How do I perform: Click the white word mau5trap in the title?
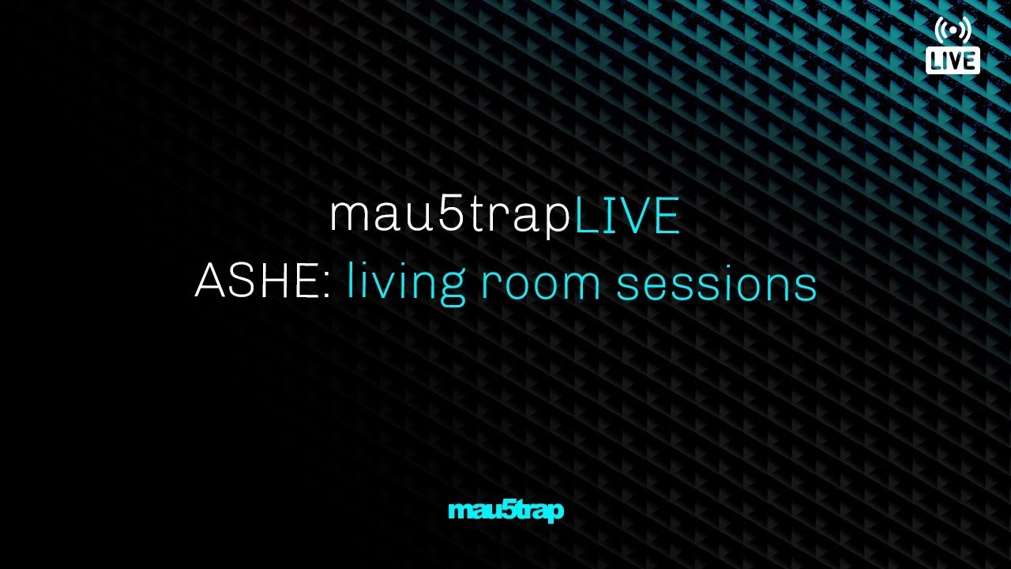tap(449, 216)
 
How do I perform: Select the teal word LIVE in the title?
tap(626, 216)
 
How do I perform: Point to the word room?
tap(540, 284)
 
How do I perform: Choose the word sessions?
tap(716, 284)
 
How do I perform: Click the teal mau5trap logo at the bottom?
tap(505, 511)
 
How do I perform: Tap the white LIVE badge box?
tap(953, 60)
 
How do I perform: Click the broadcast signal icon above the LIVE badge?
tap(953, 29)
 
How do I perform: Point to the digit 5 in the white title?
tap(452, 214)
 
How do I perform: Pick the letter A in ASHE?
tap(209, 281)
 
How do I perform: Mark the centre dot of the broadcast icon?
tap(953, 30)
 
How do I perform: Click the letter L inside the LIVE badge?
tap(938, 61)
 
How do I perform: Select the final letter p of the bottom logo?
tap(556, 513)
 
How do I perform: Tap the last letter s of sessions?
tap(807, 286)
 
